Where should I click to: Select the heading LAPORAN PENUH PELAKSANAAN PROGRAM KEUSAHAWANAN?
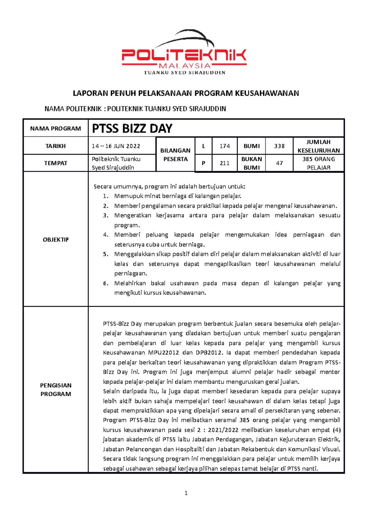186,93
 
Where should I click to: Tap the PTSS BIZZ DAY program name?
132,128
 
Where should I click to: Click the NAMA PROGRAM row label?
55,129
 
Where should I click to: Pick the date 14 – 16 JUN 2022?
116,146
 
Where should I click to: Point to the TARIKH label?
55,146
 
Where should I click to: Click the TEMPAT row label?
55,163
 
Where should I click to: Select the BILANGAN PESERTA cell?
175,155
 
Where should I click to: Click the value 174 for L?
225,146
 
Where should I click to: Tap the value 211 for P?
225,163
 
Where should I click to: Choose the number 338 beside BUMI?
279,146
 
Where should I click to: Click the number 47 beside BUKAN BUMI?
279,163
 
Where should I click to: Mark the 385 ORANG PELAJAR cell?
319,163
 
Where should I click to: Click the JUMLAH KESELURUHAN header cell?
319,146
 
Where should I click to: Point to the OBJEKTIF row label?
55,239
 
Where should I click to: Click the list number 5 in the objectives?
106,254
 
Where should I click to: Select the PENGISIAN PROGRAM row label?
55,390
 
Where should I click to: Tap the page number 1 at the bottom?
186,493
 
